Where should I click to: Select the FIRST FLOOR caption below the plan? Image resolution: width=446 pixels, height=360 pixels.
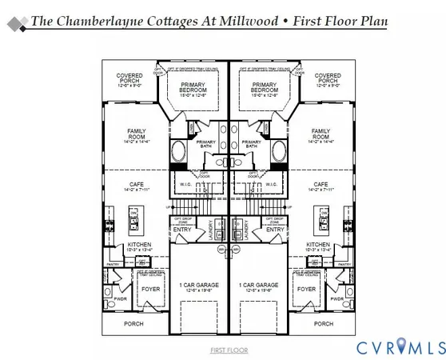pos(229,350)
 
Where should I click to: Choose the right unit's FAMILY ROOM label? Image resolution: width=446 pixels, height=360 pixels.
pos(321,135)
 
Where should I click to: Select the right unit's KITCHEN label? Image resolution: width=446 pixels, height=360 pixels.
pos(318,246)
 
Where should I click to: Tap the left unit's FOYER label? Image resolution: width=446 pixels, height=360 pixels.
pos(150,290)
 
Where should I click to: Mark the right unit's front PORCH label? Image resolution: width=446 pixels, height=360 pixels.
pos(324,324)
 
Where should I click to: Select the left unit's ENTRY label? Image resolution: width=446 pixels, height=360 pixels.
pos(183,230)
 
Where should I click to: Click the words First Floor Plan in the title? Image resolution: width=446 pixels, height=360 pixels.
pos(336,20)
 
